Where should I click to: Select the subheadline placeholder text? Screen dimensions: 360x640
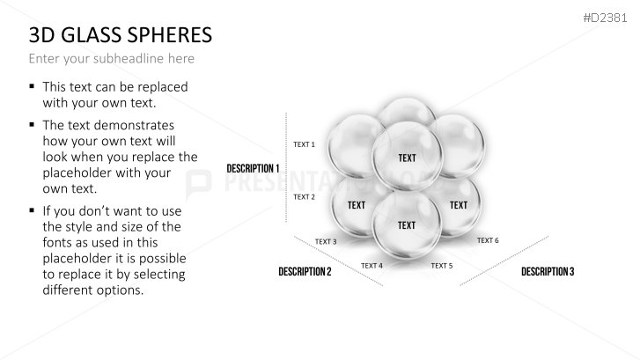[111, 59]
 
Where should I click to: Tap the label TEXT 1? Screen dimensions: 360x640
[304, 143]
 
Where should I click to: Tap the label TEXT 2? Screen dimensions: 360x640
[304, 197]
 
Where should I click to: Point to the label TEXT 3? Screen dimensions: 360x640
[326, 241]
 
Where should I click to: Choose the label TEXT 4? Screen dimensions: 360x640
[371, 265]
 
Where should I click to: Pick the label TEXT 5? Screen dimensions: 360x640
[441, 265]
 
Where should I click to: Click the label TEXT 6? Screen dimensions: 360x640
[488, 240]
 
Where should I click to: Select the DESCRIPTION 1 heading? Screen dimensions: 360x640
[253, 168]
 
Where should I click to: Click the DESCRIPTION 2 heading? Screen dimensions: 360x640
[305, 272]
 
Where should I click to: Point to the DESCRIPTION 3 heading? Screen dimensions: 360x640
[548, 272]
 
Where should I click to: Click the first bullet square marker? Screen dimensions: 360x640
[33, 86]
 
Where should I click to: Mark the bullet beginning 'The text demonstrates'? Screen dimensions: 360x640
[33, 124]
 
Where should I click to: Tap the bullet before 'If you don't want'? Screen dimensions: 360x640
[33, 210]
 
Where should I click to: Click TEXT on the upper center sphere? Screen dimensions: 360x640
[407, 158]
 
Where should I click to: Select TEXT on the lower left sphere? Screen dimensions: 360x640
[356, 205]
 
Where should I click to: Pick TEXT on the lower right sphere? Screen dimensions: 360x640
[459, 205]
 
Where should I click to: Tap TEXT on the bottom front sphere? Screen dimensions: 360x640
[407, 225]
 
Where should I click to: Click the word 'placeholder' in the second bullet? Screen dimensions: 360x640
[79, 173]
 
